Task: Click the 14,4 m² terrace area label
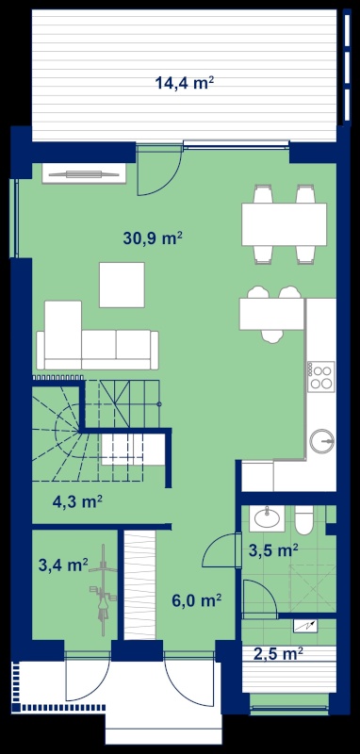[x=184, y=83]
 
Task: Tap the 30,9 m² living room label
[x=153, y=238]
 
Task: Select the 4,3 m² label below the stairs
[x=77, y=501]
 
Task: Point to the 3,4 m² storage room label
[x=63, y=564]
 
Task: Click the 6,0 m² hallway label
[x=197, y=600]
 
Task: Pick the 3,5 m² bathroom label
[x=273, y=549]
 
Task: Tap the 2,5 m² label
[x=278, y=653]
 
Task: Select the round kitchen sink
[x=322, y=441]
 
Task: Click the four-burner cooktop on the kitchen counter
[x=321, y=375]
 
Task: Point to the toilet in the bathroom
[x=304, y=519]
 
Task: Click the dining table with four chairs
[x=284, y=224]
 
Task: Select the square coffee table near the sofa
[x=123, y=285]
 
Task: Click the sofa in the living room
[x=98, y=336]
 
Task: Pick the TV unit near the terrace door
[x=84, y=173]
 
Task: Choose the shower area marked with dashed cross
[x=312, y=587]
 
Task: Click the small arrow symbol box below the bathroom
[x=306, y=625]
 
